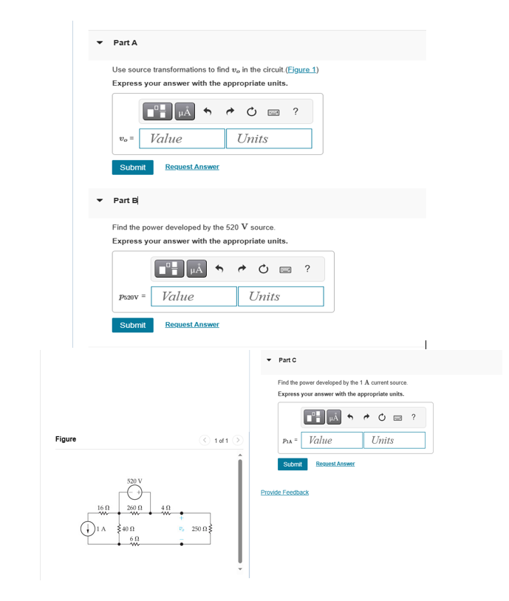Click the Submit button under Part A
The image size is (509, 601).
(132, 168)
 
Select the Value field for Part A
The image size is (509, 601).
(186, 139)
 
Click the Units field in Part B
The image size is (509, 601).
(280, 297)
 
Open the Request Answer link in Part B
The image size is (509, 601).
(191, 325)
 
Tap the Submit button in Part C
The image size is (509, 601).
(293, 464)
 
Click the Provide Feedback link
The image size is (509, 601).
(284, 492)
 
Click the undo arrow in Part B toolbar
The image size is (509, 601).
(219, 269)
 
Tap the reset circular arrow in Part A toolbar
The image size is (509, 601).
(251, 111)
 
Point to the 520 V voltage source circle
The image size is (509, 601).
(134, 493)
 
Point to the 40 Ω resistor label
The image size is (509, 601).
(129, 529)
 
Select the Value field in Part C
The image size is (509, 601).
(333, 441)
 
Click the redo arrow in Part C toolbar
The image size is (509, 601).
(368, 418)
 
